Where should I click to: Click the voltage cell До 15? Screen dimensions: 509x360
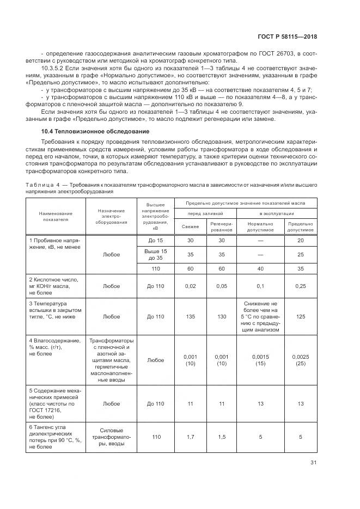tap(156, 241)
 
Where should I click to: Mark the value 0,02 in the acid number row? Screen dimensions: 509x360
tap(190, 285)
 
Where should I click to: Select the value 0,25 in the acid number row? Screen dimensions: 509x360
tap(301, 285)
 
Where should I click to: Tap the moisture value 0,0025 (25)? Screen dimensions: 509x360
tap(301, 360)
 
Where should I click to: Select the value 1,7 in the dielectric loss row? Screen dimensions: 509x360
tap(190, 437)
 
